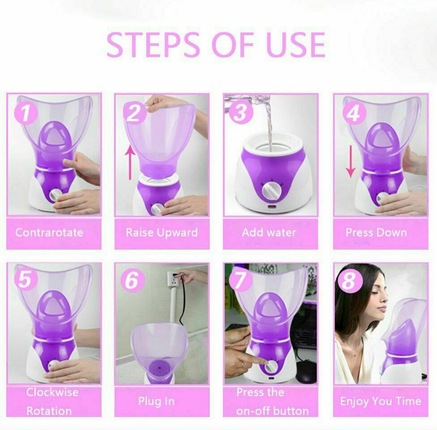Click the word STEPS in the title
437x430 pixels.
coord(153,45)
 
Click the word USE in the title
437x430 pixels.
coord(296,45)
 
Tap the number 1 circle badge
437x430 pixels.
coord(26,113)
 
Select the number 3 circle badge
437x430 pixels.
coord(241,113)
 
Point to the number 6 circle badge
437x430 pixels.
coord(132,280)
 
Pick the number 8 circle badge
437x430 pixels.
coord(350,280)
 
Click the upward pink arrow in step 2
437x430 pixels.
coord(130,162)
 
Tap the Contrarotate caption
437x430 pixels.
coord(49,233)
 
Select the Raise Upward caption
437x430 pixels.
coord(162,233)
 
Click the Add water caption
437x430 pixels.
coord(269,233)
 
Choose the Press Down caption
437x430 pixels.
coord(376,233)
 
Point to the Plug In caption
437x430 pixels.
coord(156,401)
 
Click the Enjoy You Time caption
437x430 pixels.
coord(381,401)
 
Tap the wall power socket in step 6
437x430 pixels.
coord(173,280)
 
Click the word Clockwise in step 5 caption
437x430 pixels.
coord(53,392)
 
